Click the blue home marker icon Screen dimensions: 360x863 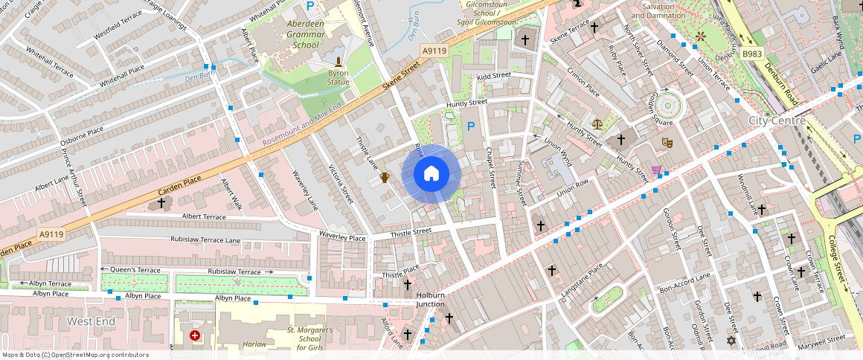pyautogui.click(x=431, y=174)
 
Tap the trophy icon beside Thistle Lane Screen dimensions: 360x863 pyautogui.click(x=385, y=177)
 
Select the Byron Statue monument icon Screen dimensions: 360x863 pyautogui.click(x=339, y=62)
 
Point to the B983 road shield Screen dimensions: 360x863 pyautogui.click(x=752, y=54)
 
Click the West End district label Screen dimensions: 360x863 pyautogui.click(x=91, y=321)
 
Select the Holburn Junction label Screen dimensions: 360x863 pyautogui.click(x=430, y=300)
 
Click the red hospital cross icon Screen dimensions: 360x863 pyautogui.click(x=195, y=336)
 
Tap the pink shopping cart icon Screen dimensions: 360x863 pyautogui.click(x=656, y=170)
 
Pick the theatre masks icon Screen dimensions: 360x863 pyautogui.click(x=667, y=141)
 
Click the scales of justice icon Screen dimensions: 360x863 pyautogui.click(x=597, y=124)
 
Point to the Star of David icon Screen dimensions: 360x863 pyautogui.click(x=730, y=341)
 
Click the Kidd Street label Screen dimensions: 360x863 pyautogui.click(x=494, y=76)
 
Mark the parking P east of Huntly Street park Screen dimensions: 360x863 pyautogui.click(x=470, y=127)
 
